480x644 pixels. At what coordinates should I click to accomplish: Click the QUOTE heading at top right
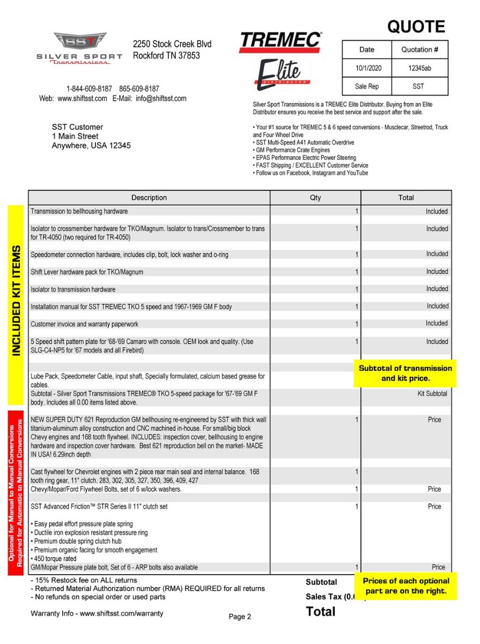click(x=416, y=27)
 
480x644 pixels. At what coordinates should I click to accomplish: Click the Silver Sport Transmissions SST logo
click(x=79, y=48)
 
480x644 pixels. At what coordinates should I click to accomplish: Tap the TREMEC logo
click(x=280, y=42)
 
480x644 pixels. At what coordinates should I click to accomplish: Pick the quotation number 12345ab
click(x=420, y=69)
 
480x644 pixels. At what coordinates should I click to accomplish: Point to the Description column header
click(x=149, y=197)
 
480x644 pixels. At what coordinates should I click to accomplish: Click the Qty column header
click(x=315, y=197)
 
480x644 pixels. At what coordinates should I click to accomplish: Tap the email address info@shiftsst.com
click(x=161, y=99)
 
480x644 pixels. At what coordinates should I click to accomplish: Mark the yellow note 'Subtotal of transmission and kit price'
click(x=405, y=374)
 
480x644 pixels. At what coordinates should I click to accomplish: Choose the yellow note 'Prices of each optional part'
click(x=405, y=586)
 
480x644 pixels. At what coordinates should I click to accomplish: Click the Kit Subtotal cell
click(x=432, y=394)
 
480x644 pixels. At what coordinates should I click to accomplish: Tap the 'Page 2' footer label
click(x=240, y=617)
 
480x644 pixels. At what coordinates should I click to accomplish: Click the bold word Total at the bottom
click(x=321, y=612)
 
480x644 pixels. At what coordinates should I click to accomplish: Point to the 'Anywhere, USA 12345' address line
click(x=91, y=145)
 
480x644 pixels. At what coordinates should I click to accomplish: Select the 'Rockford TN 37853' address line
click(x=166, y=55)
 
